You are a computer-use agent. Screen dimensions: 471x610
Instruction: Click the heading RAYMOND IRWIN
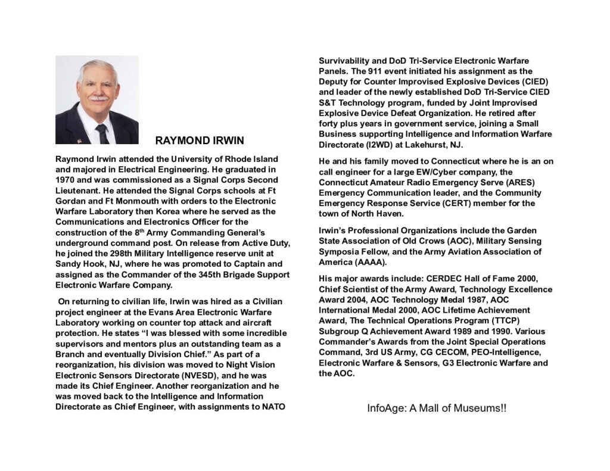200,141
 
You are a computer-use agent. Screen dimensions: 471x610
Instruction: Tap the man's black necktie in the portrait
102,133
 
